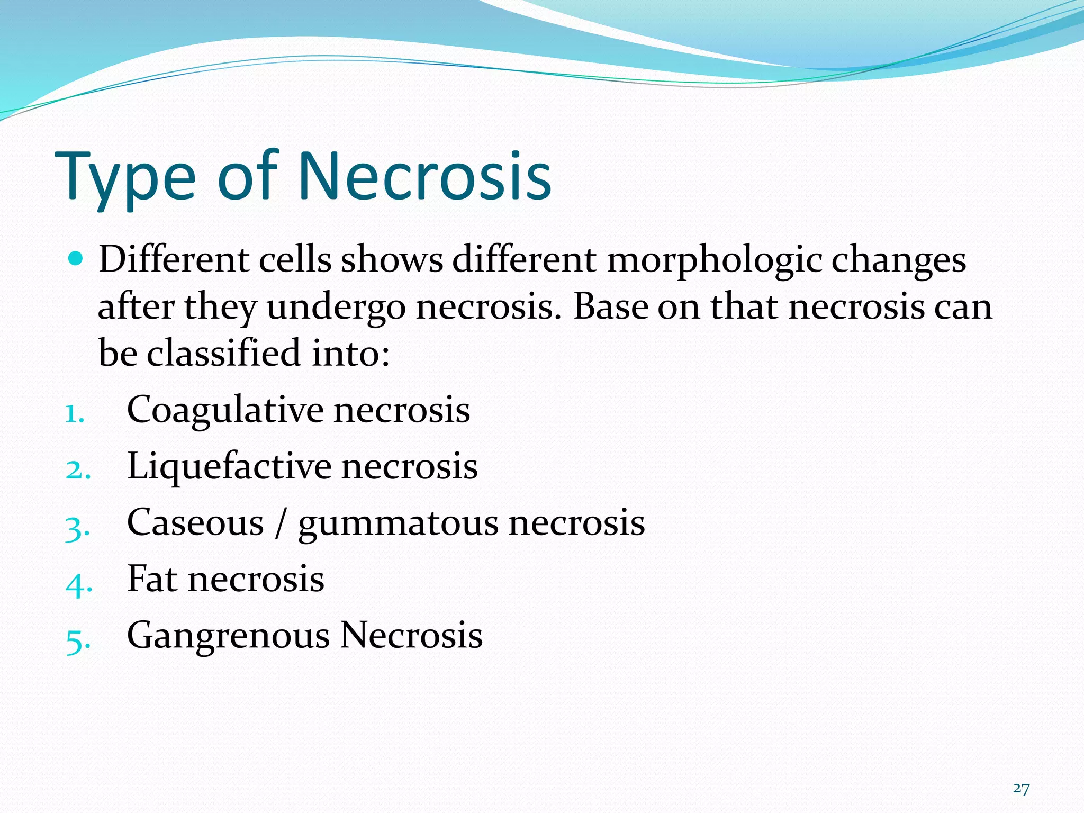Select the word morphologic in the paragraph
(x=714, y=261)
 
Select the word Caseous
(x=195, y=523)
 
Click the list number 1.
(x=75, y=414)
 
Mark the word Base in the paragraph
(x=611, y=307)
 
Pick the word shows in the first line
(x=392, y=260)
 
